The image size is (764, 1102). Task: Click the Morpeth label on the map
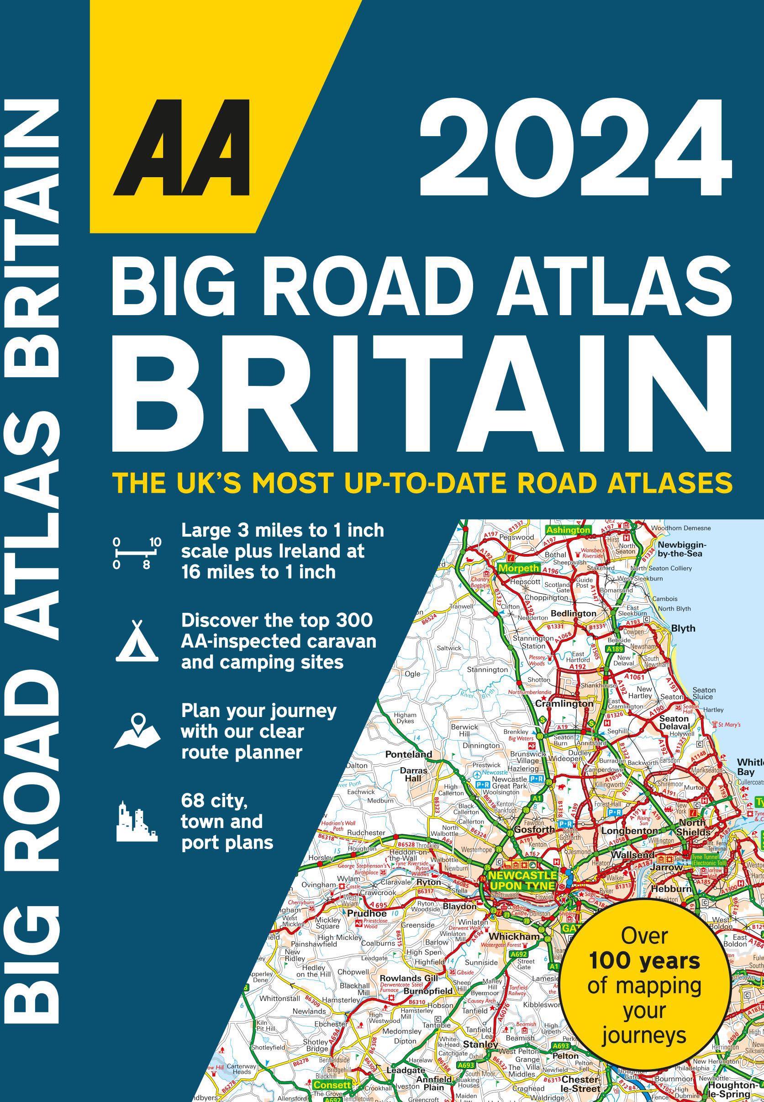518,568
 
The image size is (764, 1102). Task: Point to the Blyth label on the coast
683,628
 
